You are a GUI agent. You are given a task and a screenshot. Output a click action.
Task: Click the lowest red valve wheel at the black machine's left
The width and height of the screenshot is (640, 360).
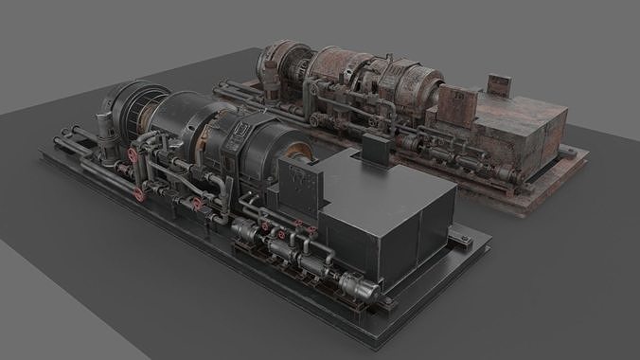(140, 194)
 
